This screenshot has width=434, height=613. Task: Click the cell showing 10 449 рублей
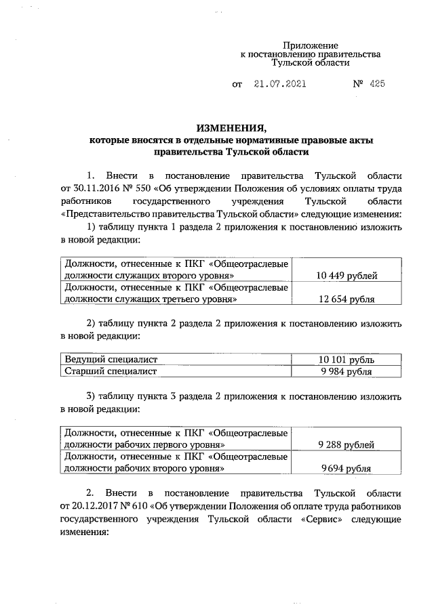tap(347, 275)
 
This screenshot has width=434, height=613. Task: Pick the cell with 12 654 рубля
tap(347, 299)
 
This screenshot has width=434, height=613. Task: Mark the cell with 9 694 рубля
tap(347, 468)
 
